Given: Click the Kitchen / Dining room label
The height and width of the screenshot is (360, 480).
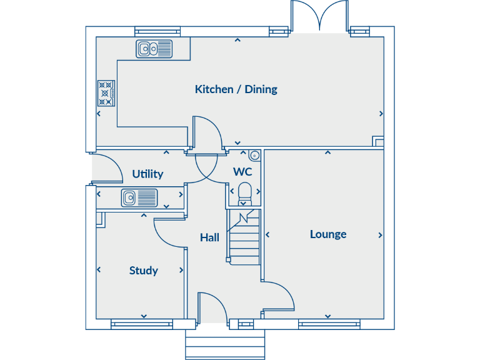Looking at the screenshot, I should coord(236,89).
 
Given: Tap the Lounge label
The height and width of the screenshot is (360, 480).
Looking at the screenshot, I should coord(328,234).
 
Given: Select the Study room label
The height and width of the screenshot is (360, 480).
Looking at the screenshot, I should coord(143,271).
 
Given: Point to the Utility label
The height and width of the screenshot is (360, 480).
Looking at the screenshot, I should coord(147,174).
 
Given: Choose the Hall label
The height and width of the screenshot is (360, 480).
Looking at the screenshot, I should coord(209,237).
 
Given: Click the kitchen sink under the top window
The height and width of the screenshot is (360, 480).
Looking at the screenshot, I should coord(154,48).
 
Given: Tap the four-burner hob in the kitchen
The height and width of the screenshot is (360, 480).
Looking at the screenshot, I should coord(106,93).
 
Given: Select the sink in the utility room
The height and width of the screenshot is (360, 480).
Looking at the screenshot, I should coord(139,198).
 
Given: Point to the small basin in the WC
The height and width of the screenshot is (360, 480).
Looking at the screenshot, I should coord(254,155).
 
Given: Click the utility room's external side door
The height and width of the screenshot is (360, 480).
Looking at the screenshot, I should coord(106,167).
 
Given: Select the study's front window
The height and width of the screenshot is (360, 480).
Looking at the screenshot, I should coord(142,324).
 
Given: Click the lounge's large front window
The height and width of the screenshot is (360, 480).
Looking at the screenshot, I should coord(329,324).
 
